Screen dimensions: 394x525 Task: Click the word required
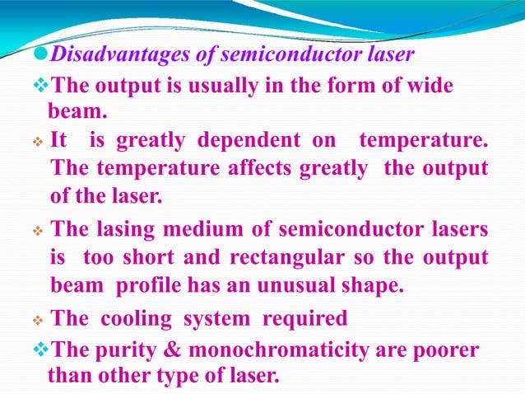(x=305, y=317)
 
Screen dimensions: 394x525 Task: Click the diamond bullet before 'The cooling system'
(x=38, y=318)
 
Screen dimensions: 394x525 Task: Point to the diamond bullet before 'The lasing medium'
(x=38, y=227)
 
